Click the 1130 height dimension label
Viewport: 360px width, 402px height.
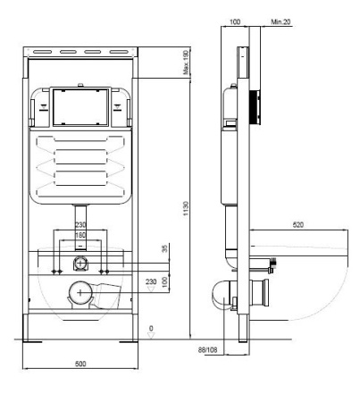pos(186,208)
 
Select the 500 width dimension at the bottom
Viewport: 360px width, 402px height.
pos(80,364)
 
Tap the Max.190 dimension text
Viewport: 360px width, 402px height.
pos(186,63)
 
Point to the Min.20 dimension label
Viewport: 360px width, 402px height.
pos(280,21)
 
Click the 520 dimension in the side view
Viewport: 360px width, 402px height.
pos(298,225)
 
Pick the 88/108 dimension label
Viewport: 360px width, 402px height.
pos(208,350)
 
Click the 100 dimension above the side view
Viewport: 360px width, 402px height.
pos(235,21)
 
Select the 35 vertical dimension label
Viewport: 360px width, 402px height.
pos(164,248)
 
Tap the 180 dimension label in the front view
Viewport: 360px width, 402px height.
pos(80,235)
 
